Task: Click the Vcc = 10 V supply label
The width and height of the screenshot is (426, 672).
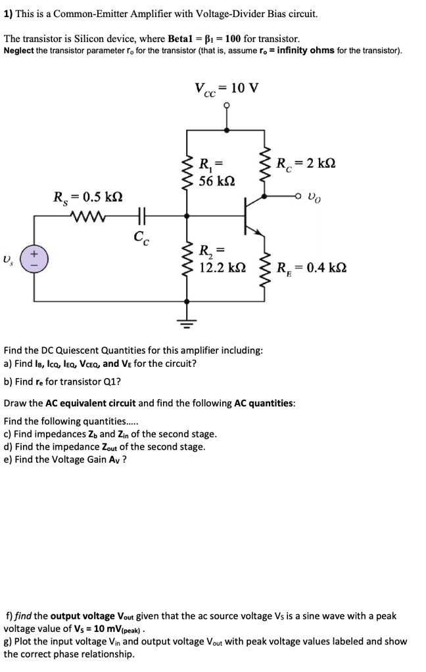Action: point(226,89)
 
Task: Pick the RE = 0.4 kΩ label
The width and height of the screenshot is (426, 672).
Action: point(311,268)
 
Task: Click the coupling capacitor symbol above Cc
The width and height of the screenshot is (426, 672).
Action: point(141,215)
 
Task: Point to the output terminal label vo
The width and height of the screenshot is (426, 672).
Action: point(316,196)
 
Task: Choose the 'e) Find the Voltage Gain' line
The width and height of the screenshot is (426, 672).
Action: point(66,459)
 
